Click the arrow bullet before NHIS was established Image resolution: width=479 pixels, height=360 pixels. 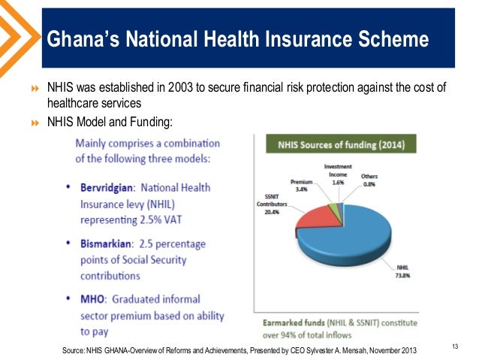pos(34,88)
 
